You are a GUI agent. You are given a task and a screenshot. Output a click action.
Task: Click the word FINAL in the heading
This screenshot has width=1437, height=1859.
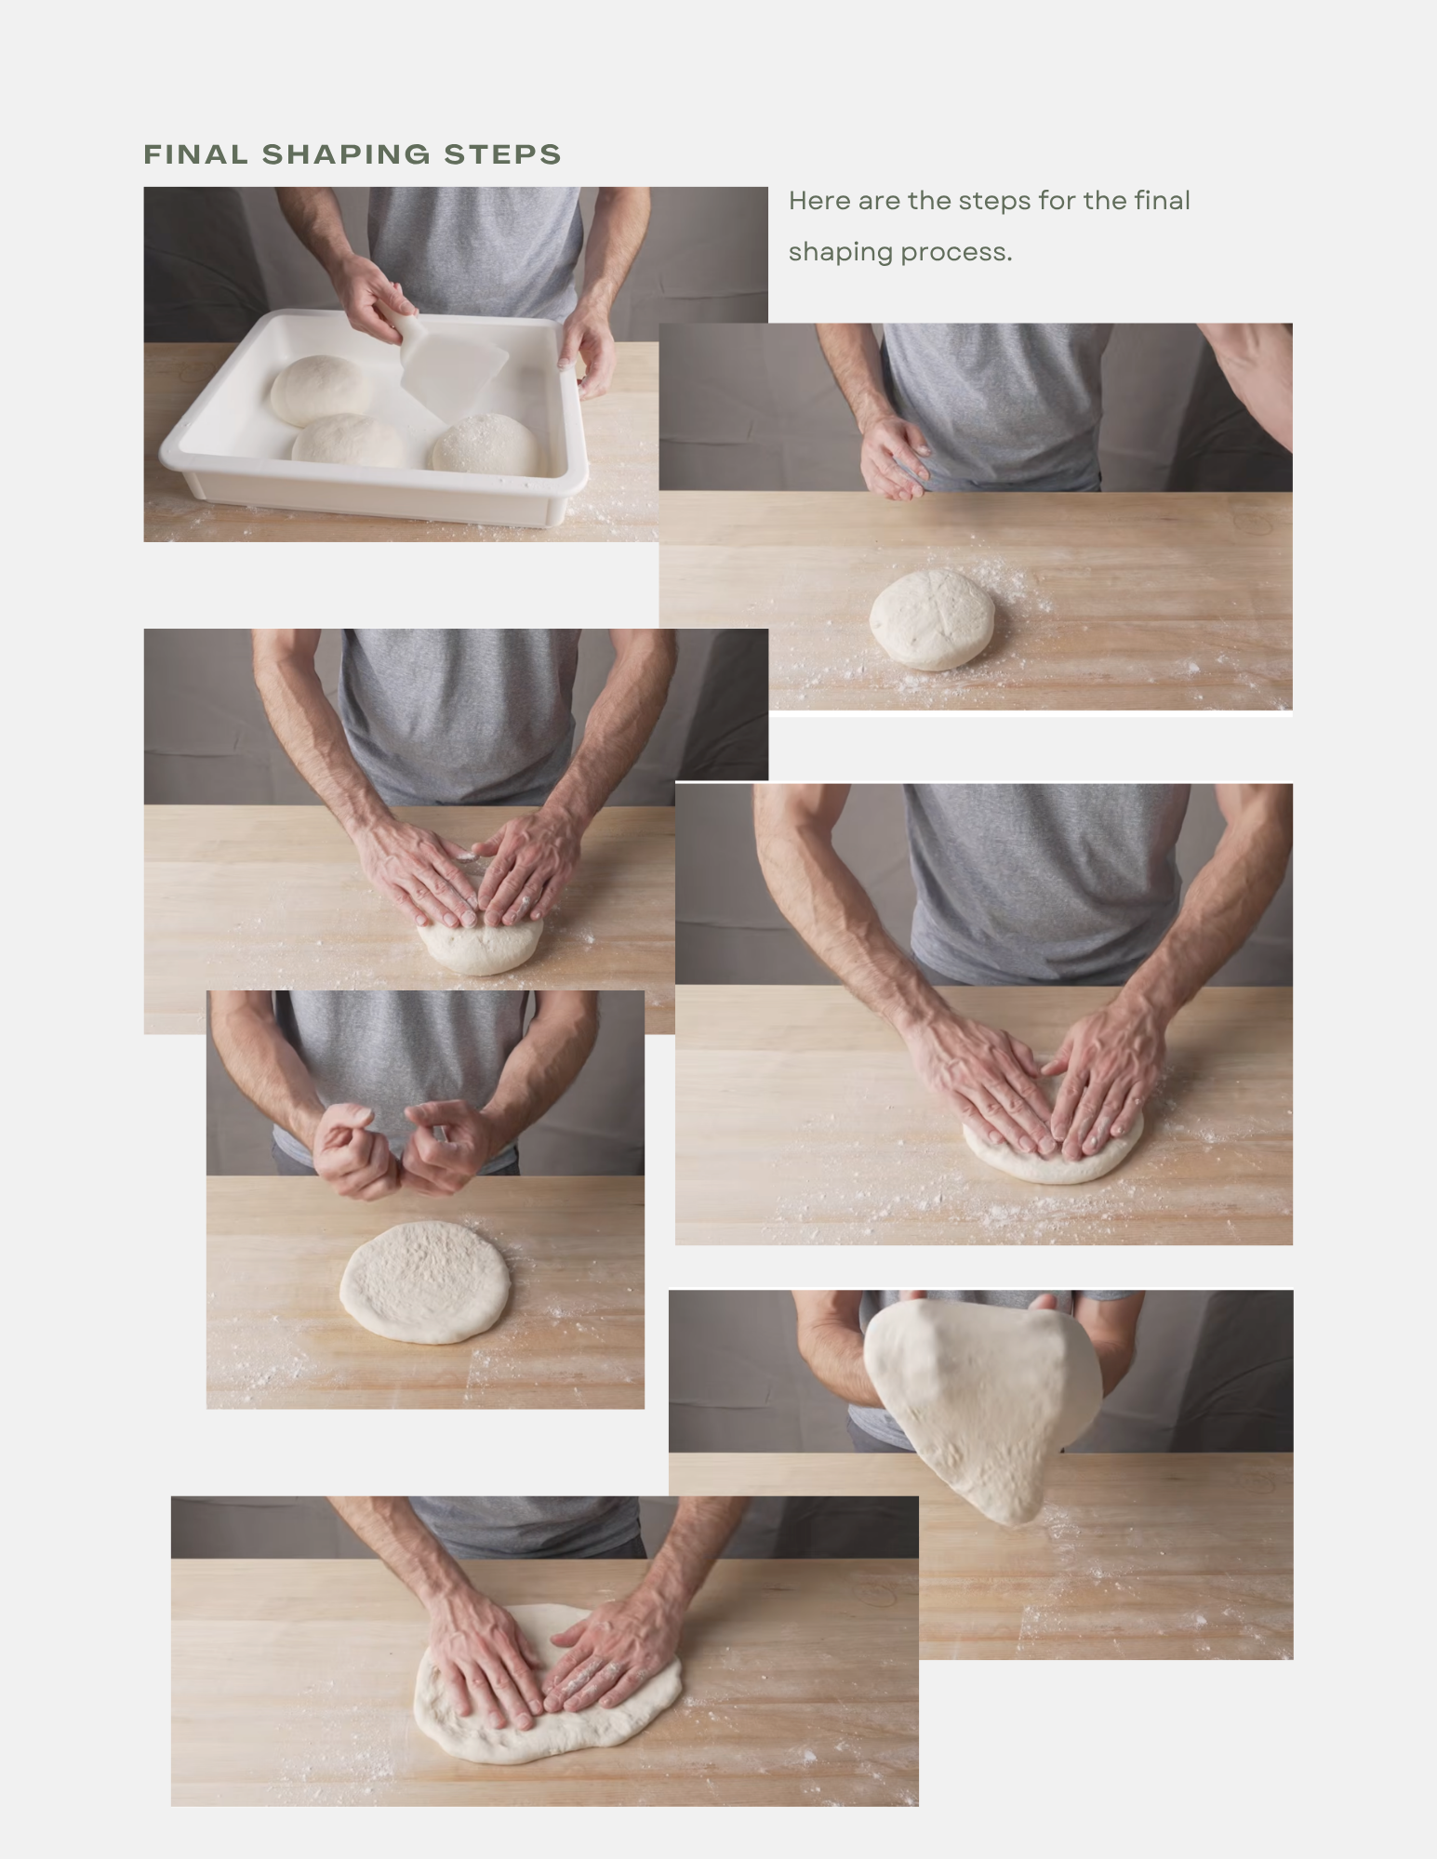(x=196, y=154)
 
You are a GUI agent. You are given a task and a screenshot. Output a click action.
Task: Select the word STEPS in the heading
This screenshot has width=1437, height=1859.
(x=502, y=154)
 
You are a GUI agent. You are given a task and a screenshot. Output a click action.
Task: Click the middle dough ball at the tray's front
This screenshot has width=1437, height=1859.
(x=349, y=441)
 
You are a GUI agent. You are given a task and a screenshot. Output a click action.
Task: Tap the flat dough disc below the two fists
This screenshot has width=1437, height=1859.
(x=424, y=1281)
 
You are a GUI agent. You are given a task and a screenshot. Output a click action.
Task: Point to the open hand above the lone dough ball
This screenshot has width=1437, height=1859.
(x=894, y=456)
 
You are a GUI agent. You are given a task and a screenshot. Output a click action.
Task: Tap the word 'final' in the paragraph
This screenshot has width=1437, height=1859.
(x=1162, y=201)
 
